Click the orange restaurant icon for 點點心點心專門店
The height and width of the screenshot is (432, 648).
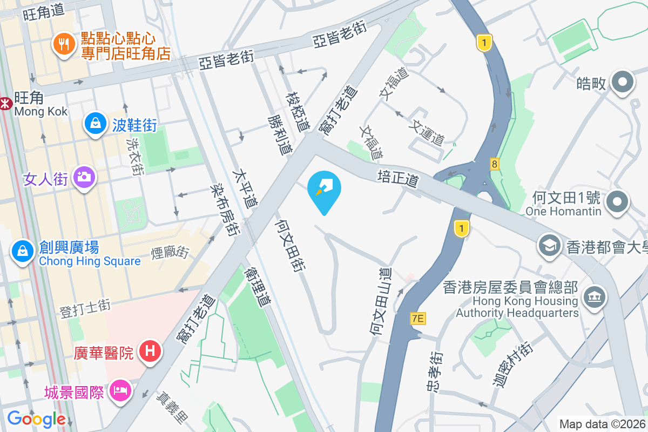click(x=64, y=44)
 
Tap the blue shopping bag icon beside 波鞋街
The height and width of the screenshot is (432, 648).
click(x=95, y=124)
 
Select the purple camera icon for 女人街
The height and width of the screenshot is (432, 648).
click(x=83, y=177)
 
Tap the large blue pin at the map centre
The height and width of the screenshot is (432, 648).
click(x=324, y=190)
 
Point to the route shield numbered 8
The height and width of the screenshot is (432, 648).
click(x=494, y=163)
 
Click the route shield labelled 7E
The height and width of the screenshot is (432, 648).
click(x=417, y=319)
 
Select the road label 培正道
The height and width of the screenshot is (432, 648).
click(x=399, y=179)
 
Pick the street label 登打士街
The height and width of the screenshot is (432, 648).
click(x=85, y=308)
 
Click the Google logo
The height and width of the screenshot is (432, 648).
click(x=36, y=419)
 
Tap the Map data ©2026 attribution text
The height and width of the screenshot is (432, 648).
click(x=602, y=424)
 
